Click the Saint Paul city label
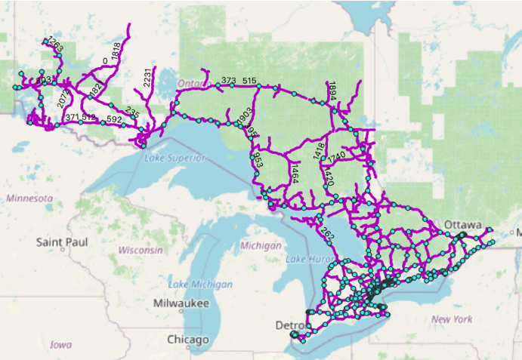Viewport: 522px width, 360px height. (x=62, y=242)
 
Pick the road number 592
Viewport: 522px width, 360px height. (x=114, y=119)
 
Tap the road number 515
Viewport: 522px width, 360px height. (x=249, y=81)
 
